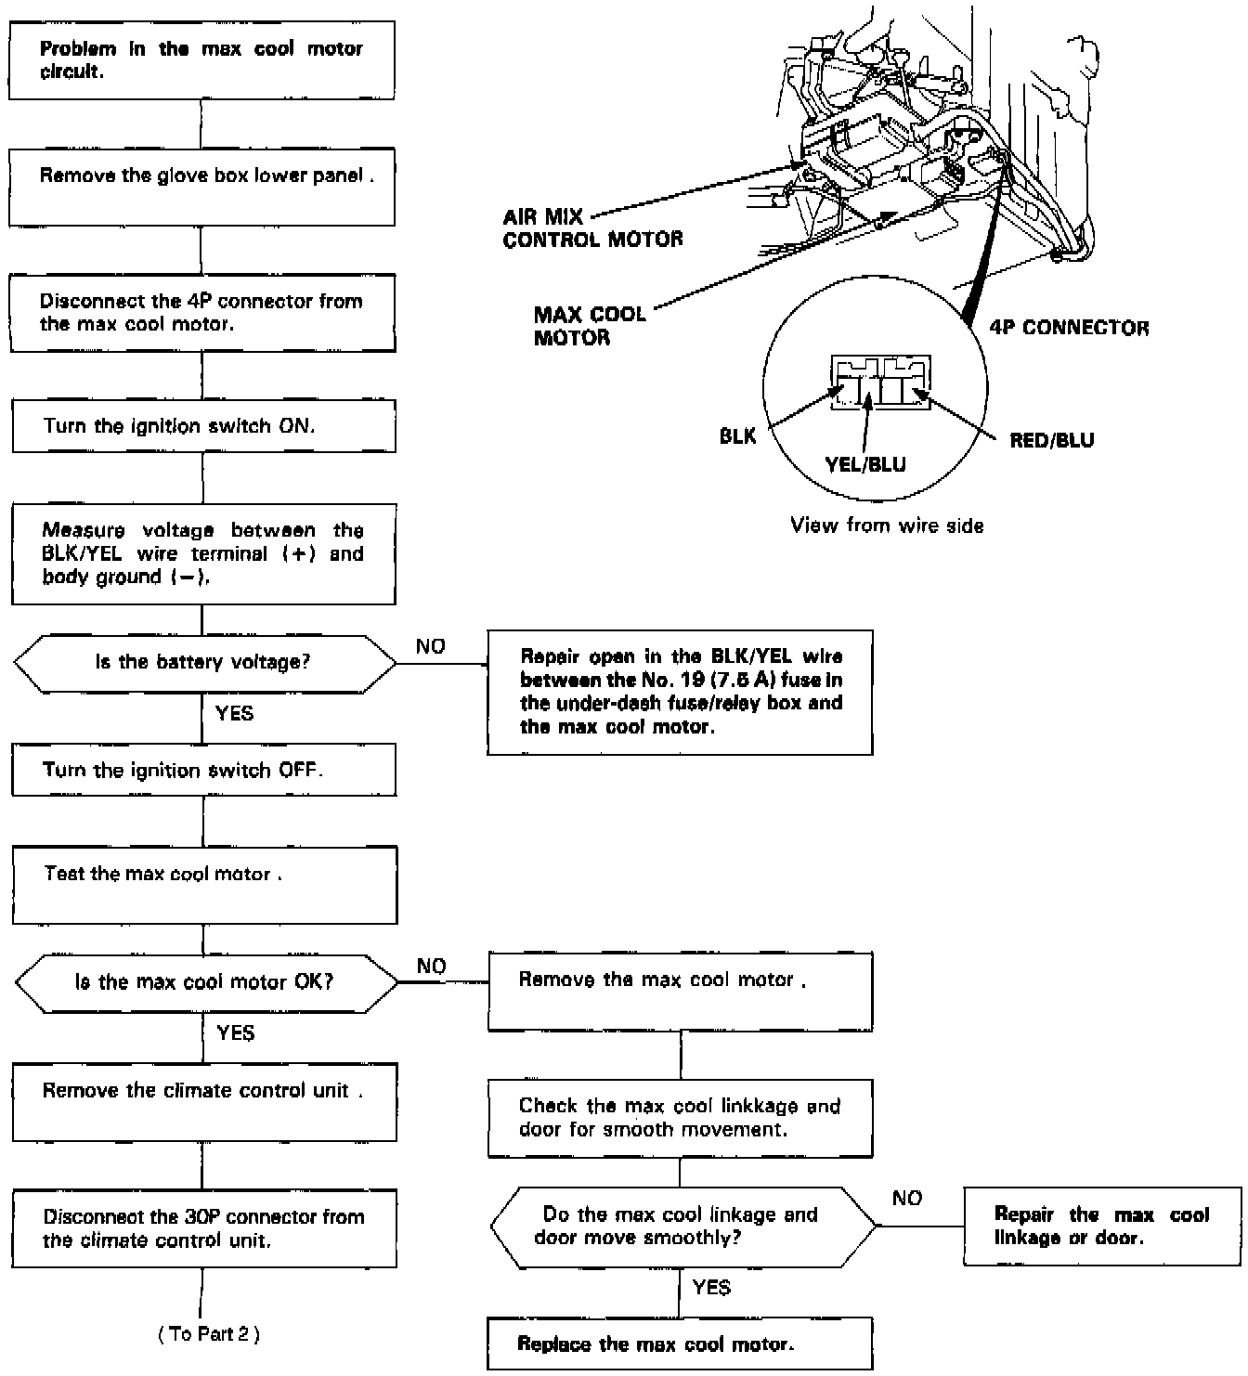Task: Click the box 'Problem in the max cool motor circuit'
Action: pyautogui.click(x=201, y=60)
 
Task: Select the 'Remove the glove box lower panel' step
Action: pyautogui.click(x=201, y=186)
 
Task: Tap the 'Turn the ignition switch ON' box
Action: pyautogui.click(x=202, y=426)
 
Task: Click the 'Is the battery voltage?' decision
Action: pyautogui.click(x=203, y=663)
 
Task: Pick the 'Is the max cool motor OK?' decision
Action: pyautogui.click(x=204, y=982)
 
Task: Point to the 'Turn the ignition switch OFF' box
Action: pyautogui.click(x=203, y=771)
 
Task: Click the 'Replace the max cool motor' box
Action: pyautogui.click(x=679, y=1344)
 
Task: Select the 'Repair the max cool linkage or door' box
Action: pyautogui.click(x=1101, y=1226)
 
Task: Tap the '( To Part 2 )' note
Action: pyautogui.click(x=209, y=1334)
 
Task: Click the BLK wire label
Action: pyautogui.click(x=738, y=435)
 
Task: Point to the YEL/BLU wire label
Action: pyautogui.click(x=865, y=464)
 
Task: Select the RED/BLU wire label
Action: pyautogui.click(x=1051, y=440)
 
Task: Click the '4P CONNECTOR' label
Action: pyautogui.click(x=1069, y=328)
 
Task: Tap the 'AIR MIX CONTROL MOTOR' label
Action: pyautogui.click(x=591, y=228)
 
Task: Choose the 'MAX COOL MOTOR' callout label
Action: pyautogui.click(x=590, y=326)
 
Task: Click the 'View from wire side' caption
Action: pyautogui.click(x=887, y=526)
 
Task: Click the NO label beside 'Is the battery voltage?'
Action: pyautogui.click(x=430, y=647)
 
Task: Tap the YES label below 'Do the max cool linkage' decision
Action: pyautogui.click(x=711, y=1287)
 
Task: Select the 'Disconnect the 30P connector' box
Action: pyautogui.click(x=203, y=1228)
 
